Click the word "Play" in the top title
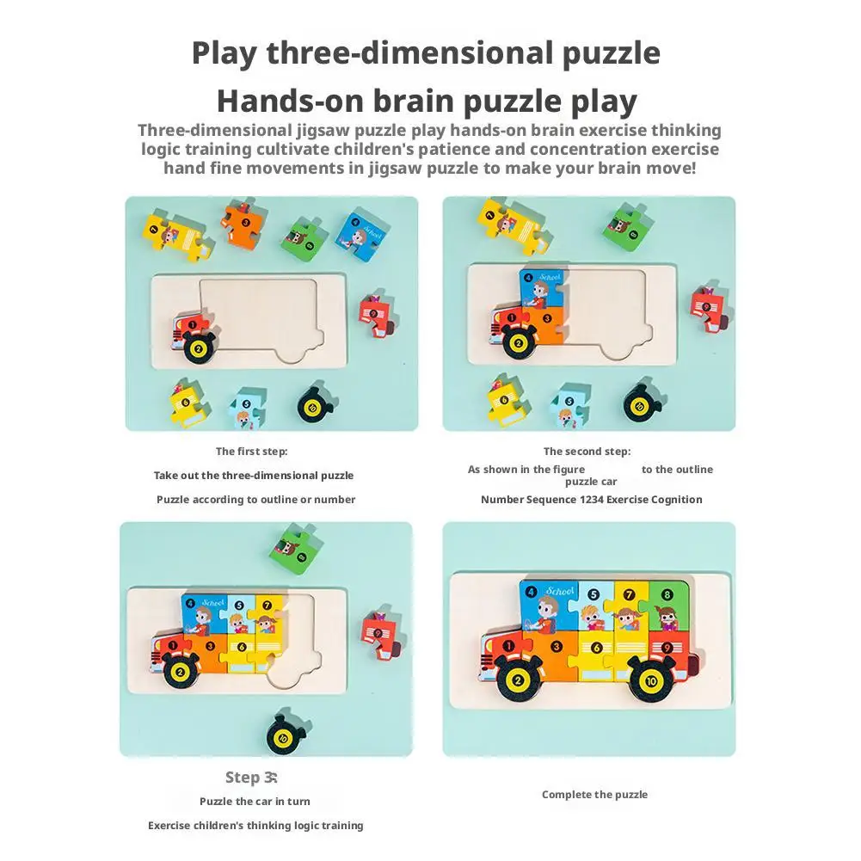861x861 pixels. pos(224,54)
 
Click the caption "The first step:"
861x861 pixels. pos(251,452)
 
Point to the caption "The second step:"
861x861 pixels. pos(587,452)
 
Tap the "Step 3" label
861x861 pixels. pos(251,778)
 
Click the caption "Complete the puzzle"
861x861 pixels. pos(594,795)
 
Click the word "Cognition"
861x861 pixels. pos(675,500)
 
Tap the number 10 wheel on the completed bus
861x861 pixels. pos(651,681)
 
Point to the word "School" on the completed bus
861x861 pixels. pos(560,592)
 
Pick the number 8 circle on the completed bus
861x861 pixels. pos(667,594)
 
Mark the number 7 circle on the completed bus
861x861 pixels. pos(630,594)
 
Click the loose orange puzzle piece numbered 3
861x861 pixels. pos(243,224)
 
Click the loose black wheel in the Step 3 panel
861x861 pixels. pos(286,735)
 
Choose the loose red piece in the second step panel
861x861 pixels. pos(710,309)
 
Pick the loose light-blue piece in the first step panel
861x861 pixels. pos(248,408)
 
